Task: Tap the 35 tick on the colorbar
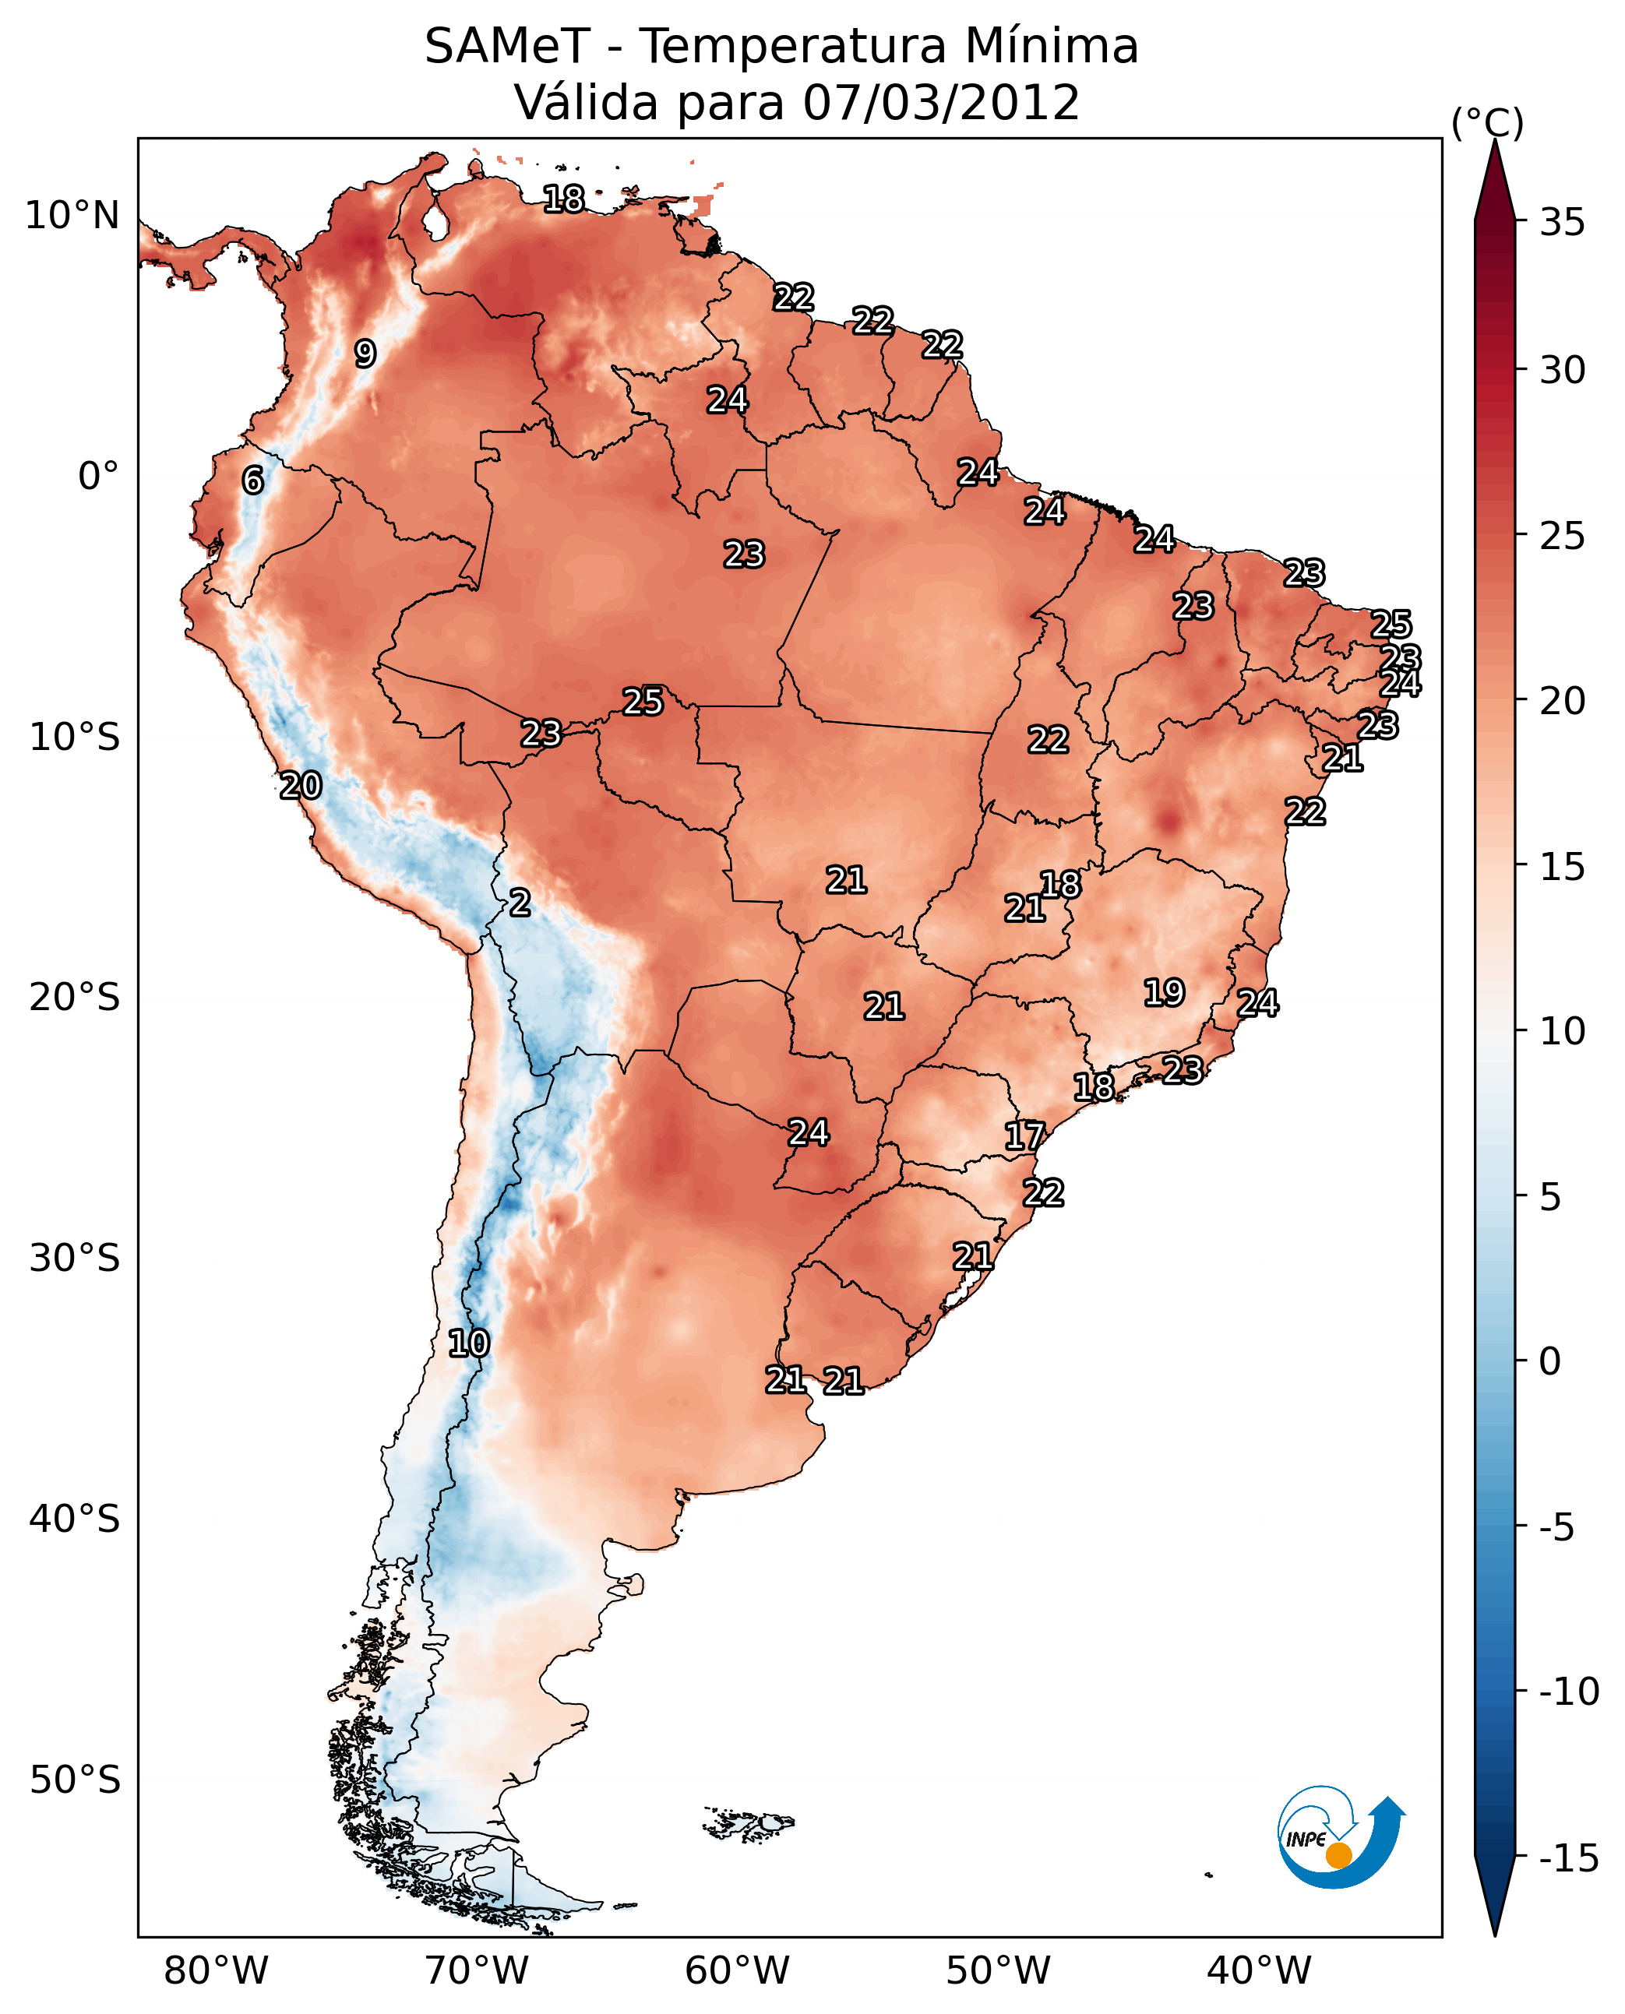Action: [1562, 223]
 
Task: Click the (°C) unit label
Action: [1487, 122]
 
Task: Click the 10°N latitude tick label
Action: [72, 217]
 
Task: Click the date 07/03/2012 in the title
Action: [941, 102]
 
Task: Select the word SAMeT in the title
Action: [507, 46]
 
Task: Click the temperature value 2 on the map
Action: [520, 902]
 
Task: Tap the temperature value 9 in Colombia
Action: [365, 354]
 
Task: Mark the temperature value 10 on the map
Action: [469, 1343]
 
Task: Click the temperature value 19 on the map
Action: [1164, 992]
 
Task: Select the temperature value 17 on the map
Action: [1024, 1136]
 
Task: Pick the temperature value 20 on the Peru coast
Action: [301, 785]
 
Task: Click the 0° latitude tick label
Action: [98, 477]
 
